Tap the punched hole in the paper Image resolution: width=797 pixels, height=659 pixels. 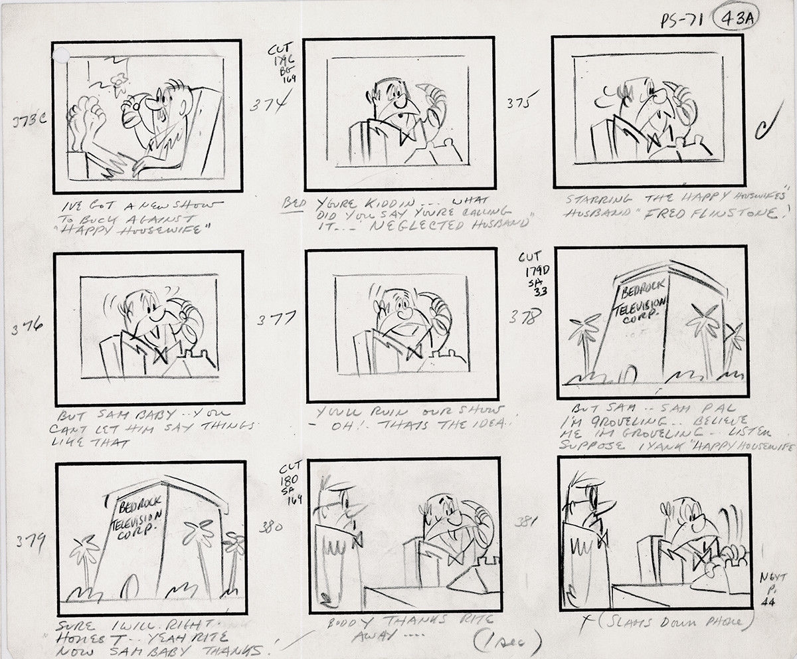(61, 54)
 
